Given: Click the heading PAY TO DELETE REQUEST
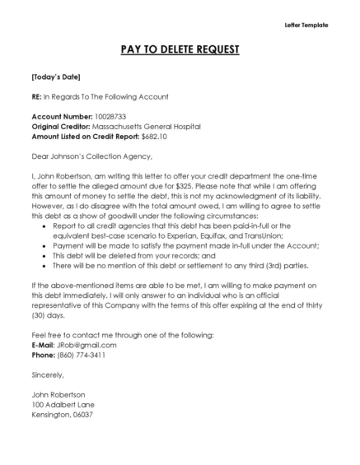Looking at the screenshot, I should (180, 50).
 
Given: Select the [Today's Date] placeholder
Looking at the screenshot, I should (55, 77).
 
